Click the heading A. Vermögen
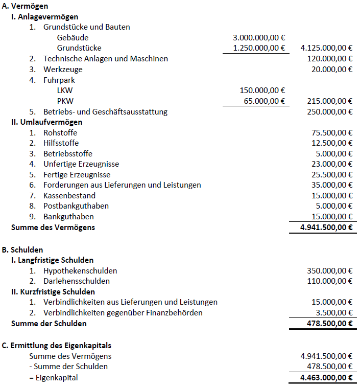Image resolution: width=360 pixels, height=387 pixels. click(25, 6)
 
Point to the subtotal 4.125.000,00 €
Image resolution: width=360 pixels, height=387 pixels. click(327, 48)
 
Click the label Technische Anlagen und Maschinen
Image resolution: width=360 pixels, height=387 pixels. click(105, 59)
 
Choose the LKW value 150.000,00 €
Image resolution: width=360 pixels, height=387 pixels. click(262, 90)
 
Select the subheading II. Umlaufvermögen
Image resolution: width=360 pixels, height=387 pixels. click(46, 122)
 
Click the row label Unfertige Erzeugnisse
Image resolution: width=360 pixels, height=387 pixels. click(81, 164)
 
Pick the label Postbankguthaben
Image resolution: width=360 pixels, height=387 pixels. click(76, 206)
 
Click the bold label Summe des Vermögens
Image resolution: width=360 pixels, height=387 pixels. click(53, 227)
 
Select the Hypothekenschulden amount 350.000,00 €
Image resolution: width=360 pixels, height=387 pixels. click(328, 270)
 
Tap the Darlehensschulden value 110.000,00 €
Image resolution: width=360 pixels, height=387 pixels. click(328, 281)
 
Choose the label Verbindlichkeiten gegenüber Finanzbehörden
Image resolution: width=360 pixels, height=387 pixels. click(123, 312)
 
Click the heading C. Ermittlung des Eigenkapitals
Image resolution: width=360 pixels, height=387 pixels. click(57, 346)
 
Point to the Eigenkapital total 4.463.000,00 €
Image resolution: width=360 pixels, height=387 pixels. click(325, 378)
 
